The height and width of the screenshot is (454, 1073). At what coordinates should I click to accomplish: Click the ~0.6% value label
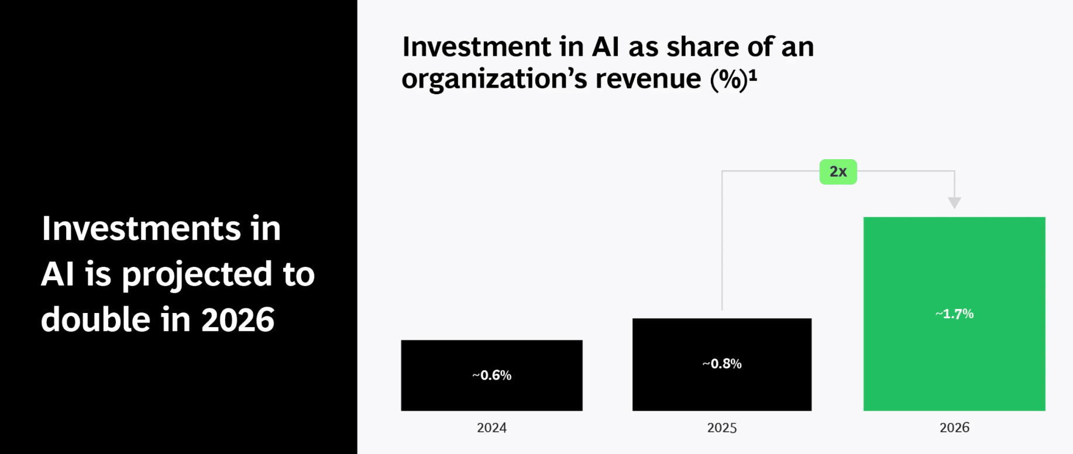491,375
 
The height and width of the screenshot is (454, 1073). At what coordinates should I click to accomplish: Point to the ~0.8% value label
722,364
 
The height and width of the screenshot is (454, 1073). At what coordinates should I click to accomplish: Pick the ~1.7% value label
954,314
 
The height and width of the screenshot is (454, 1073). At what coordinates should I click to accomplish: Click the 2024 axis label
491,428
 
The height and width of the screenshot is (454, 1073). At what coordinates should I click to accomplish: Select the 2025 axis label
722,428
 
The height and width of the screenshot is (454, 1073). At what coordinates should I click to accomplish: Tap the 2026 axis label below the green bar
954,428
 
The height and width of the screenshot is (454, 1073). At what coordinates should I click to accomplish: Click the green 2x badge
838,172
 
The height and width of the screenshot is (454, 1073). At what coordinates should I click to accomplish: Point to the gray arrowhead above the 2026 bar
954,202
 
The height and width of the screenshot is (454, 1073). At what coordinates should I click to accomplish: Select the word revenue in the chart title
648,79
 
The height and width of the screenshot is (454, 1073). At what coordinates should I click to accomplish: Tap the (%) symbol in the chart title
728,80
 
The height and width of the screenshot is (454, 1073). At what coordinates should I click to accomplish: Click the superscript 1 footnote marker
753,74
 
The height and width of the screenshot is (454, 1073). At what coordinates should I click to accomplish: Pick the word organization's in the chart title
494,80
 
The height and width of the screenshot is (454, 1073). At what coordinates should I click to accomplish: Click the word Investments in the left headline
141,228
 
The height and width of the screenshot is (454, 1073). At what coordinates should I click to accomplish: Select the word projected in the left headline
197,275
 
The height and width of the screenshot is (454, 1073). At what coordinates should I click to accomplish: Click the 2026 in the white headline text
238,320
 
